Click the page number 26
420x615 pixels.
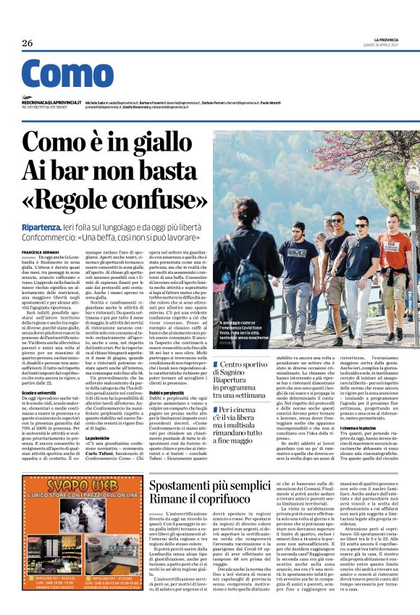[x=27, y=43]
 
